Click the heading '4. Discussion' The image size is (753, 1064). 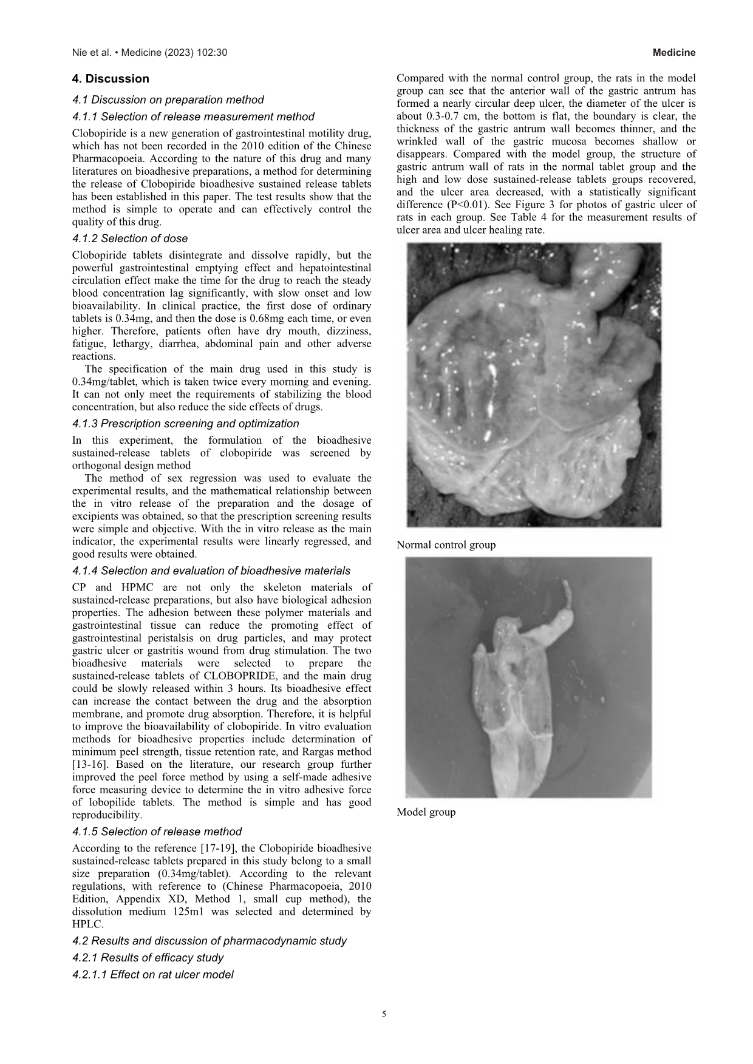[110, 79]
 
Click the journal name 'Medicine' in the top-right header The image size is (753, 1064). [674, 53]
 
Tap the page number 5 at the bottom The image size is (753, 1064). [384, 1014]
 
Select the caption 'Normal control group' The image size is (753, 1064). [446, 545]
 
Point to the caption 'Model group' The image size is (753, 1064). [426, 812]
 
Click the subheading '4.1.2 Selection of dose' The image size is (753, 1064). [130, 239]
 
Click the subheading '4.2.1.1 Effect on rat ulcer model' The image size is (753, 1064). [152, 975]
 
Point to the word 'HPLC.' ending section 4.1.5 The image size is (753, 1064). [87, 924]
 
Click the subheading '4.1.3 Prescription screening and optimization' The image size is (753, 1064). [185, 424]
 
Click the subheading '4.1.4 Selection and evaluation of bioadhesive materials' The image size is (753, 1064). [211, 571]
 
